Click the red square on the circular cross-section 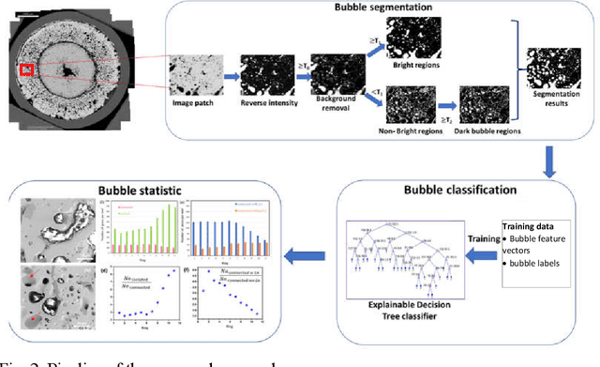26,69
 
